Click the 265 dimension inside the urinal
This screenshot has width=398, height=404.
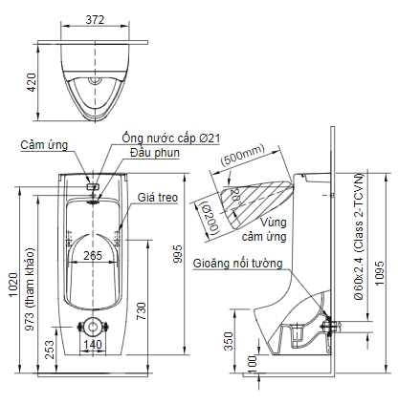[x=92, y=256]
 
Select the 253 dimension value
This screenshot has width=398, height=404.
[x=49, y=347]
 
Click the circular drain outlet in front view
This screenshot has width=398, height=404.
[x=92, y=326]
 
